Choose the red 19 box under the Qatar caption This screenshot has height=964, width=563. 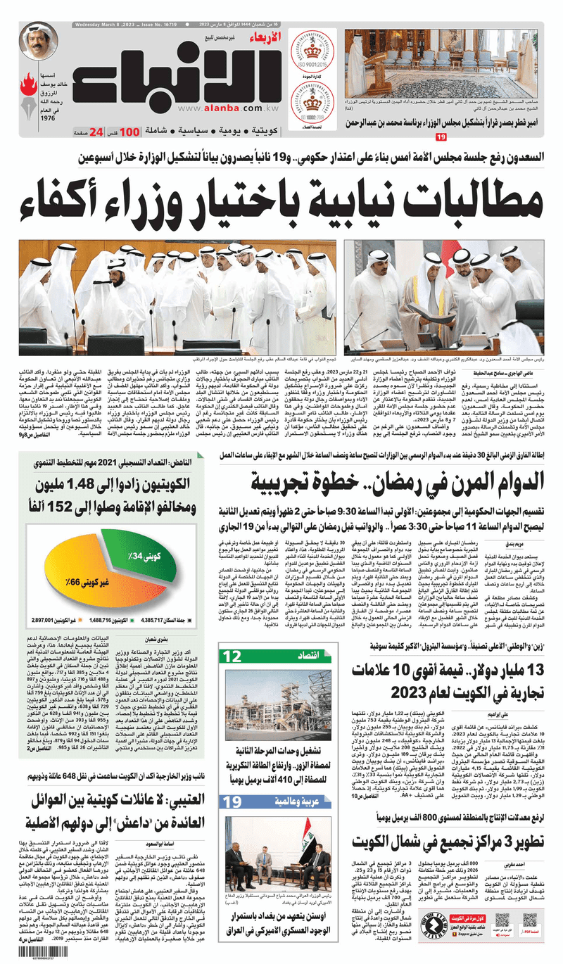click(441, 136)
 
